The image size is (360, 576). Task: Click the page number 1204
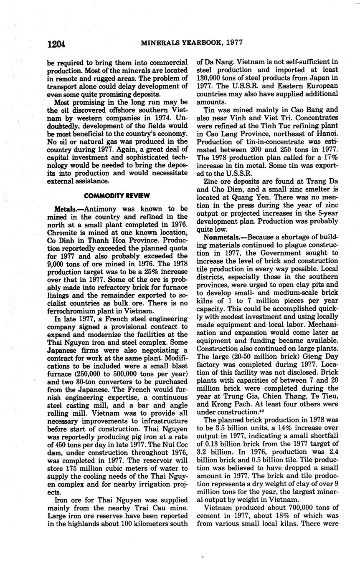(x=56, y=43)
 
